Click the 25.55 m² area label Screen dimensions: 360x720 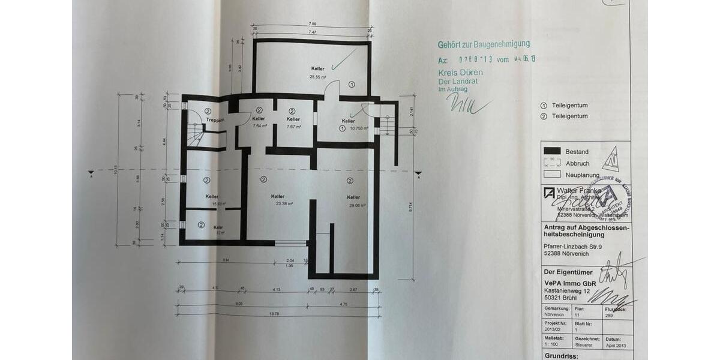[317, 77]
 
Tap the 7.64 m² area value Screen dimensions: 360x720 [259, 127]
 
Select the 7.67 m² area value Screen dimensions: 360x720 [293, 127]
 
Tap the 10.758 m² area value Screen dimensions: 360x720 [354, 128]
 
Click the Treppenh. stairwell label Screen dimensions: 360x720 [215, 120]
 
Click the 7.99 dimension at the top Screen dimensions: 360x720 [312, 24]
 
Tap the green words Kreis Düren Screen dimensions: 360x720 [460, 73]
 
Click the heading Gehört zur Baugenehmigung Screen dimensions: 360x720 [484, 44]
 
